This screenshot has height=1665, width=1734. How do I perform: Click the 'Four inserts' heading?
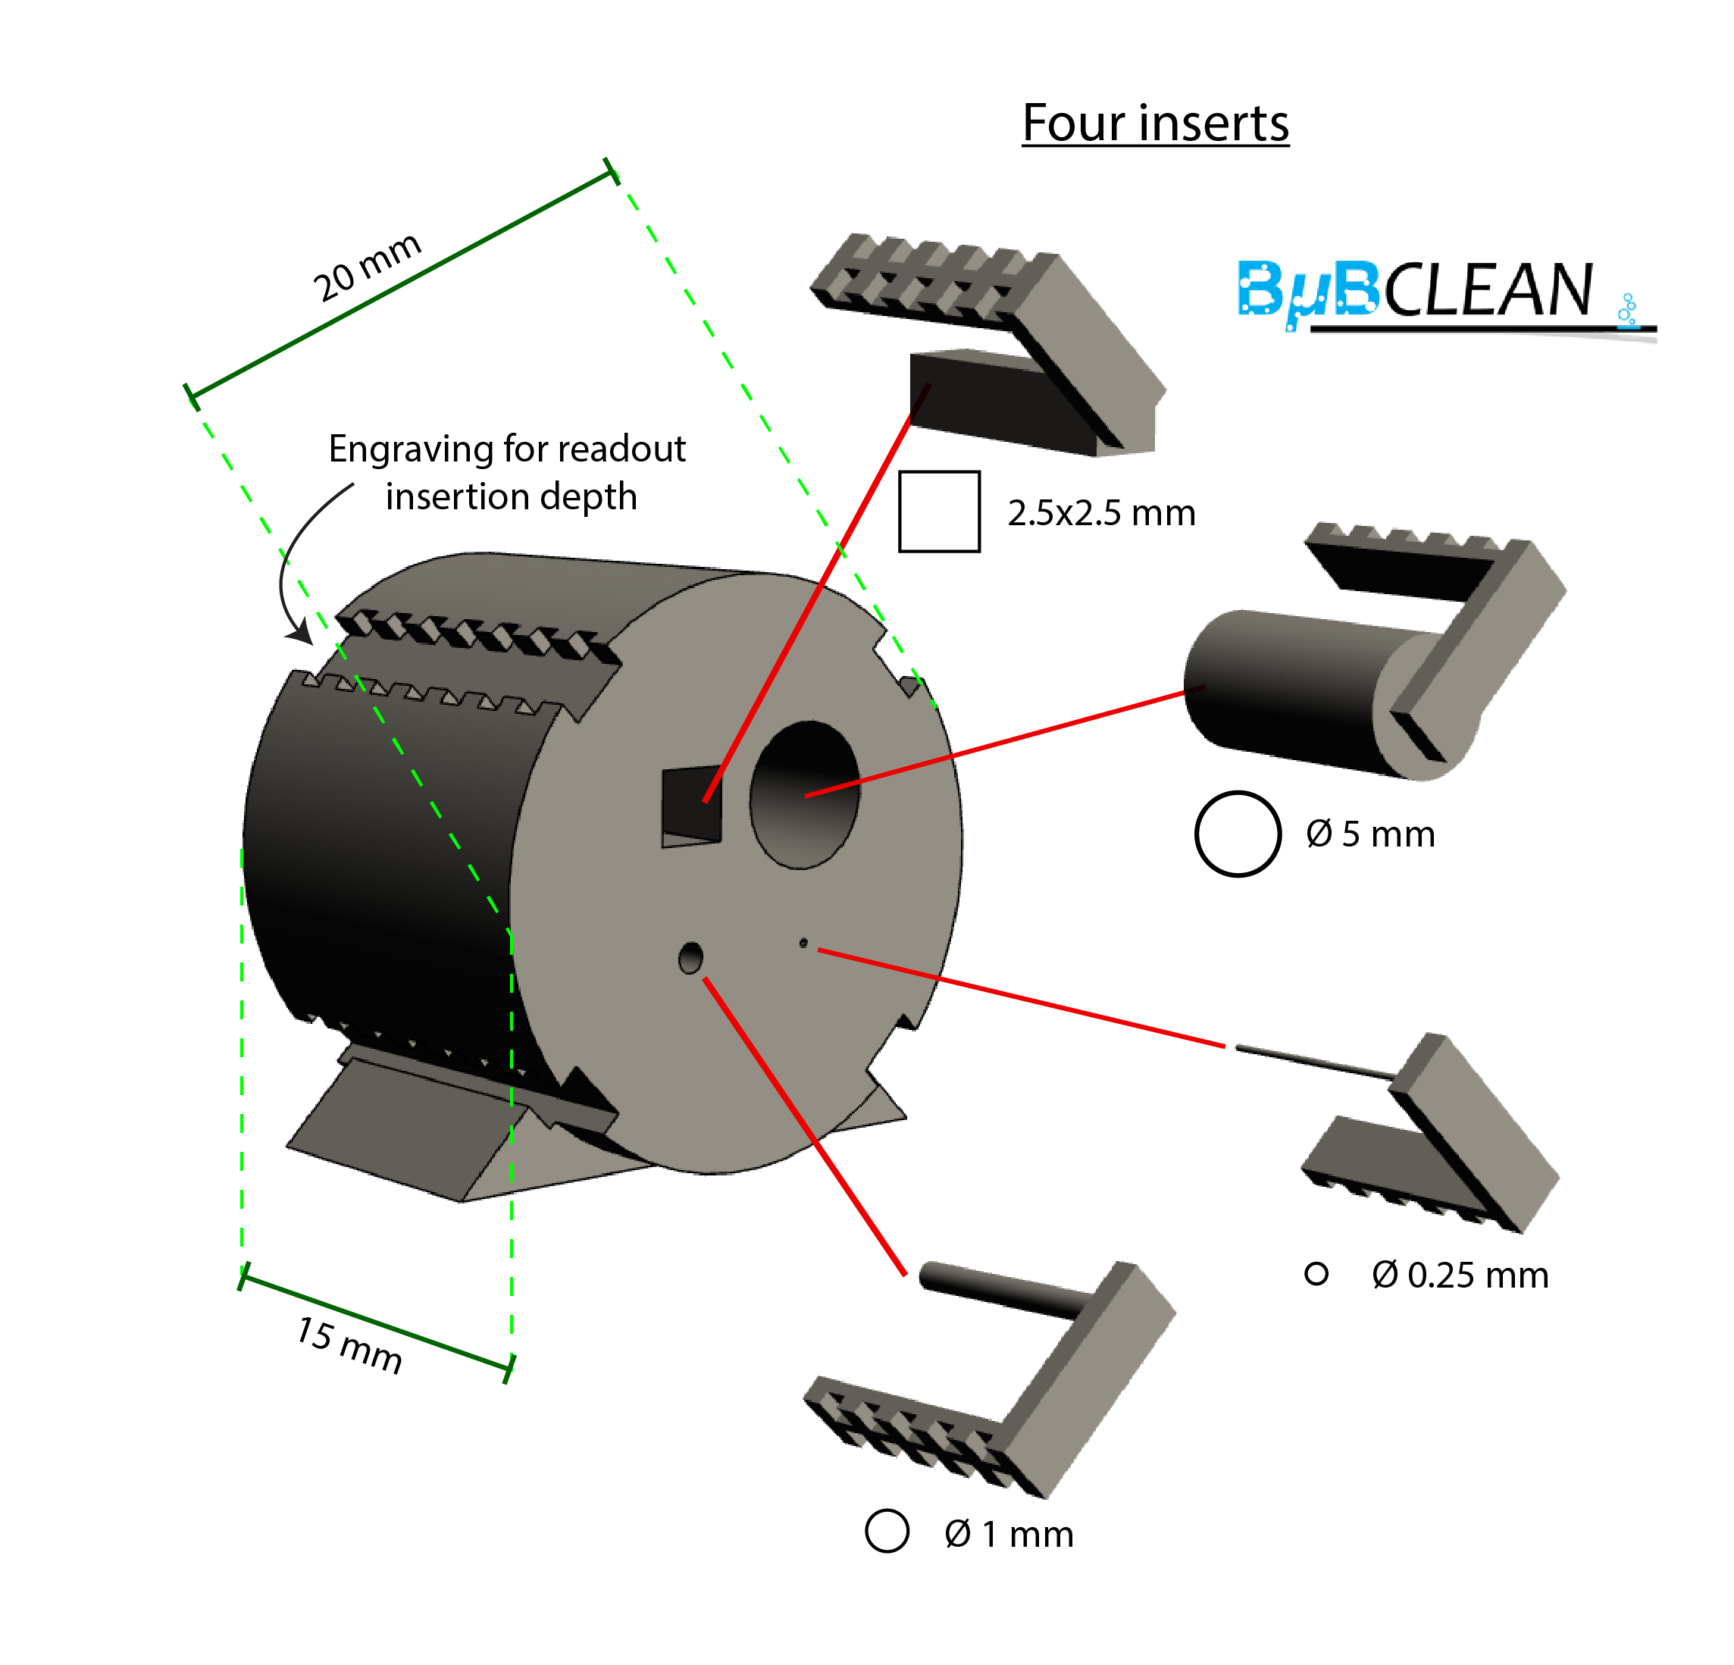(1156, 123)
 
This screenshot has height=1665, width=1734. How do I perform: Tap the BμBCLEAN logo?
(1447, 296)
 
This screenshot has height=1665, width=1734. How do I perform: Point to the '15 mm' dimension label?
(349, 1344)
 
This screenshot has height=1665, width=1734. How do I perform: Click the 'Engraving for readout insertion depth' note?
(508, 472)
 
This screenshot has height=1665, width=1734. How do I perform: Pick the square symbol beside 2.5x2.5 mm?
(940, 512)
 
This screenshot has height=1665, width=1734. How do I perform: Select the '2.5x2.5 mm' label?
(1101, 513)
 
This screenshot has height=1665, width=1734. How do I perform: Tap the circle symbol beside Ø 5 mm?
(1238, 834)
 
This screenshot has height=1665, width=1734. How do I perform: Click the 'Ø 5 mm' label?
(1370, 834)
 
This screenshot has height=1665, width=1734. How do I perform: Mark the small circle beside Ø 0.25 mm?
(1316, 1274)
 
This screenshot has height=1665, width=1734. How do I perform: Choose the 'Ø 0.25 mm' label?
(1460, 1275)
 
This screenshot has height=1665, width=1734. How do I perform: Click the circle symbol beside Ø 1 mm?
(887, 1531)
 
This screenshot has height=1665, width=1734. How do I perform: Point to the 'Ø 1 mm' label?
(1009, 1534)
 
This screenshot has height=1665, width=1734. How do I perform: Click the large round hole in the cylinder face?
(804, 794)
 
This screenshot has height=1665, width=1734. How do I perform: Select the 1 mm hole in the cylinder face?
(690, 958)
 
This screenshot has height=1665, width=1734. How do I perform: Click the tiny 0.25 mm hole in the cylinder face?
(803, 943)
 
